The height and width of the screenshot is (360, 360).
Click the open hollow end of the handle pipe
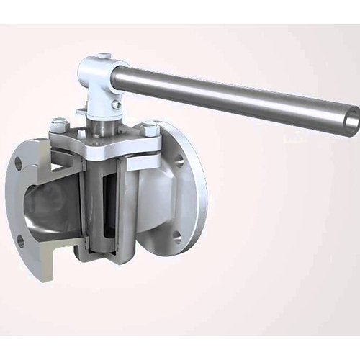(x=351, y=121)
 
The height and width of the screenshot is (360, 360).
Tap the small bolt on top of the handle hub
(x=104, y=56)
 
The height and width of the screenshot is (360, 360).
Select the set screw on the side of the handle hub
(x=116, y=104)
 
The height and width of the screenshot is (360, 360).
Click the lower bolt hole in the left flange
(x=21, y=240)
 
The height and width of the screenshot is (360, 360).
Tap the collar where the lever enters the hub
(x=120, y=76)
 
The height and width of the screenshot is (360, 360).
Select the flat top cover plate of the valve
(x=108, y=144)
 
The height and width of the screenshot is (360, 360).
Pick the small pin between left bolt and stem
(x=81, y=133)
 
